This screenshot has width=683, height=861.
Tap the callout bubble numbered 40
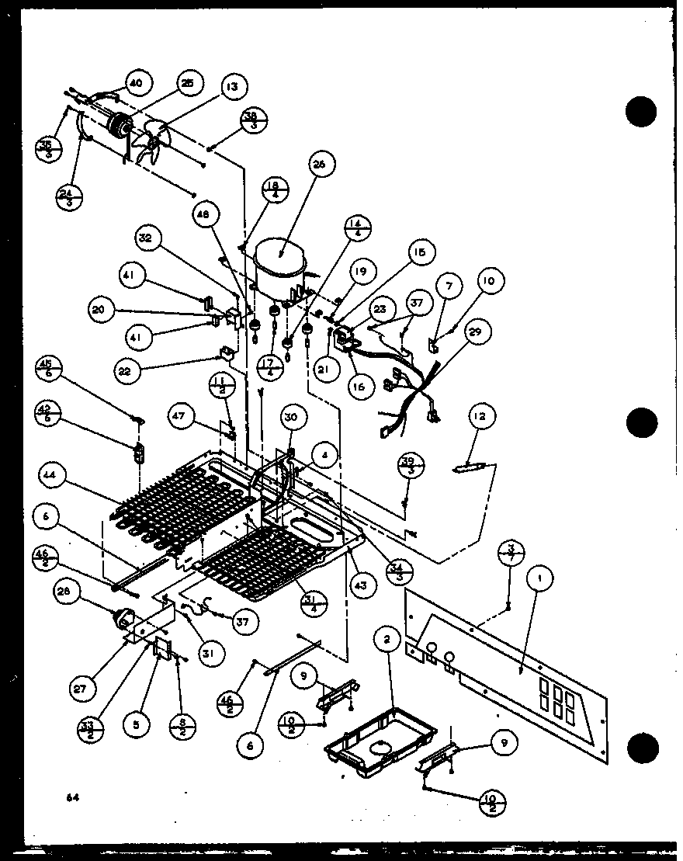pos(136,83)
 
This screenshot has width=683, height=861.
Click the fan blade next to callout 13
pos(149,145)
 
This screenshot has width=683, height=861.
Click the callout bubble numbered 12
pos(484,418)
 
